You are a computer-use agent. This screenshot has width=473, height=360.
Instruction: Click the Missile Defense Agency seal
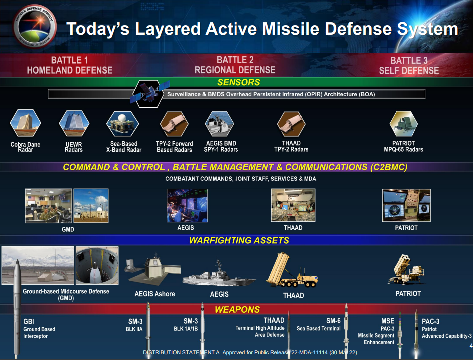[35, 26]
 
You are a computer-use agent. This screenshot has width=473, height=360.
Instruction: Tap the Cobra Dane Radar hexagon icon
[25, 123]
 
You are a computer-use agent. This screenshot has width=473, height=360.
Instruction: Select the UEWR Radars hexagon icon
[74, 123]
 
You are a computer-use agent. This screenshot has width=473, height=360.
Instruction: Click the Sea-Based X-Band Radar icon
[122, 124]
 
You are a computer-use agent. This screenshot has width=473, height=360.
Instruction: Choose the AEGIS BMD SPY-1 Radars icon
[220, 124]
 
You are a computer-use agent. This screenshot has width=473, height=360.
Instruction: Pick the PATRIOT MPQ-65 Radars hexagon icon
[403, 124]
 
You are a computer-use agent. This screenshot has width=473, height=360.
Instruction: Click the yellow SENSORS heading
[238, 82]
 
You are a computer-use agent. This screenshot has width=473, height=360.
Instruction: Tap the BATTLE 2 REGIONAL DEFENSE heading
[235, 65]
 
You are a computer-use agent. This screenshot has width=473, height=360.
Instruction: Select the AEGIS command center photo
[187, 205]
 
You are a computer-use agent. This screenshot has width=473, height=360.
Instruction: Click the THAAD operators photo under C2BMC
[293, 205]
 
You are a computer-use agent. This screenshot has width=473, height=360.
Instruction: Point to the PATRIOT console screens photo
[406, 205]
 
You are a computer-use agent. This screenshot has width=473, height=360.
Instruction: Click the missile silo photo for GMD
[97, 265]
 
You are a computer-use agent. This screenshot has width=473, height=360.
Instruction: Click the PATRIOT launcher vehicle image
[407, 270]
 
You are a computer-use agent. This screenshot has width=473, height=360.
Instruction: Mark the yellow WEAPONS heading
[237, 309]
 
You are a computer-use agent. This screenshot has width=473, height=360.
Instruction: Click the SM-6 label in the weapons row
[333, 321]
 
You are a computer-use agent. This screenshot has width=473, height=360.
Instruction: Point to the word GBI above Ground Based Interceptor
[29, 322]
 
